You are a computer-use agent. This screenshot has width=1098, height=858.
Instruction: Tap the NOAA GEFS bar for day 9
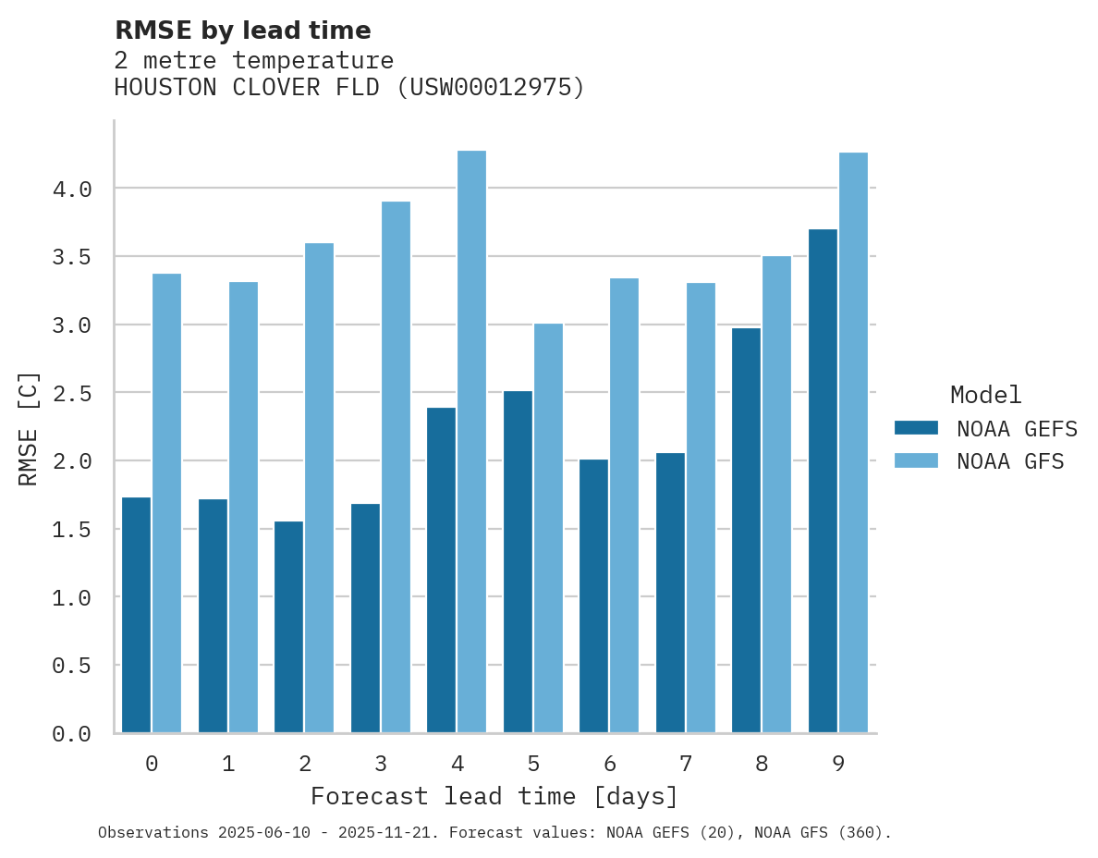coord(823,481)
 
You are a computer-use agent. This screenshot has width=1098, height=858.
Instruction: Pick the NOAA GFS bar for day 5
coord(548,528)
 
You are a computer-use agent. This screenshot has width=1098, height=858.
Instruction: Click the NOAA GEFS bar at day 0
coord(136,615)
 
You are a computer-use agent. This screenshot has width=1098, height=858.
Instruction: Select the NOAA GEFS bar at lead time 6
coord(593,596)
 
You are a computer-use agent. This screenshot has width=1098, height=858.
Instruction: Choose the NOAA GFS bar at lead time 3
coord(396,467)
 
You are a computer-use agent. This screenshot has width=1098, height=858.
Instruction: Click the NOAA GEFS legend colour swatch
coord(916,428)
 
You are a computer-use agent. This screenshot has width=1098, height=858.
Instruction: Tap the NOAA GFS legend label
coord(1010,461)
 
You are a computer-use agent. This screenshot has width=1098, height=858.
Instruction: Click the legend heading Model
coord(985,395)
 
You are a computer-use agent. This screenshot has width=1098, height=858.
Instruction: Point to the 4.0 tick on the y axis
coord(72,190)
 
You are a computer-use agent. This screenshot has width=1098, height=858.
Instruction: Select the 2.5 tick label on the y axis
coord(72,394)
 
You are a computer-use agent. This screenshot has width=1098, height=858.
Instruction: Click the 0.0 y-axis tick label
coord(72,734)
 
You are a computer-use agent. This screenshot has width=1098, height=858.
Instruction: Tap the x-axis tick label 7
coord(685,764)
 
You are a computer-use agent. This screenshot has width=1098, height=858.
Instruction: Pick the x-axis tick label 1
coord(227,764)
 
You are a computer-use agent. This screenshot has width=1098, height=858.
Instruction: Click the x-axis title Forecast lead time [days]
coord(494,796)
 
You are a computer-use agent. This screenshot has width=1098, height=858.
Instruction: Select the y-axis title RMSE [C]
coord(29,428)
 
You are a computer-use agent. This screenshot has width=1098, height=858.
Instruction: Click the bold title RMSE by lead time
coord(242,31)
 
